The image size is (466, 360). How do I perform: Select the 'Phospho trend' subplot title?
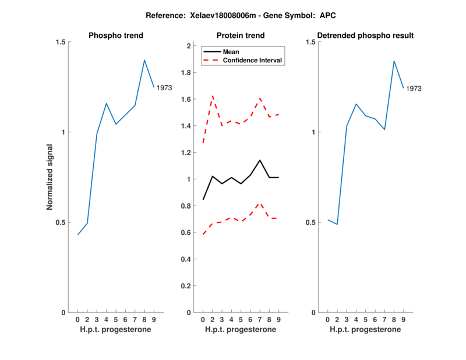coord(116,36)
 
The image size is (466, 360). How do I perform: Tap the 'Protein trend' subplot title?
coord(241,36)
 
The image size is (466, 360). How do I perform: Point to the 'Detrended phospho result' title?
coord(366,36)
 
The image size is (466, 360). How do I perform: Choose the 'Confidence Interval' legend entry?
coord(253,60)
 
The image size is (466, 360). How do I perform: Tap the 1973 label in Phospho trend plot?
coord(164,88)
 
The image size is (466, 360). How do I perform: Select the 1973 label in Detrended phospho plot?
coord(414,89)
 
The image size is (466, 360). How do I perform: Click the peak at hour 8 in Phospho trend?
coord(144,60)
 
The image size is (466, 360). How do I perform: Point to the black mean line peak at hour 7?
coord(260,160)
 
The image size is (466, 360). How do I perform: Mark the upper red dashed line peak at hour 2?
coord(213,96)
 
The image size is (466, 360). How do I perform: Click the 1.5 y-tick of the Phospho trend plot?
coord(60,42)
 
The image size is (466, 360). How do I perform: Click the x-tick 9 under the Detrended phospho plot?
coord(403,319)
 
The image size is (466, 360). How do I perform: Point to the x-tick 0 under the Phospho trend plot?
coord(78,319)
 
